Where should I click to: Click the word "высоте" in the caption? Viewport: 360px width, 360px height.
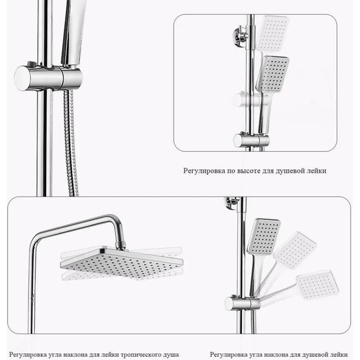(248, 171)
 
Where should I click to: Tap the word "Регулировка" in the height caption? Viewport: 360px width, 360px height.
(204, 171)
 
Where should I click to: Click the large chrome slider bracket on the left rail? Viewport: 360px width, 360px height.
(48, 78)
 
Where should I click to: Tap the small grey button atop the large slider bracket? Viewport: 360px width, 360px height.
(30, 64)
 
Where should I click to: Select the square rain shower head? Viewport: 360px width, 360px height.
(122, 263)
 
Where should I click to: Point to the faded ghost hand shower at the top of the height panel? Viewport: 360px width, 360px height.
(272, 33)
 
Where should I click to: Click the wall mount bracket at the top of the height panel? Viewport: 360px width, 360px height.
(241, 37)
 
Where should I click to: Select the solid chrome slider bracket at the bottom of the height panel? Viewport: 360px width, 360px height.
(251, 140)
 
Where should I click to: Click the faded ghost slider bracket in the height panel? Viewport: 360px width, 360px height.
(251, 100)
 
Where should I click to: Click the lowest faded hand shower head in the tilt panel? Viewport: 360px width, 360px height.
(318, 285)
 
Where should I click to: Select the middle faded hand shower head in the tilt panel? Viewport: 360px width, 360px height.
(296, 250)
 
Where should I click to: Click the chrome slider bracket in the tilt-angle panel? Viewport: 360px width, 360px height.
(243, 303)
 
